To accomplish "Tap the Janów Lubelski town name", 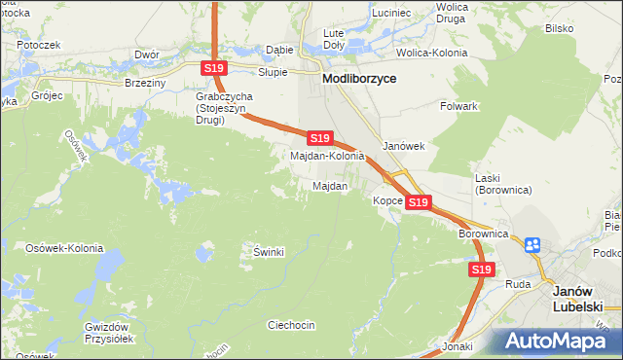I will [x=580, y=299].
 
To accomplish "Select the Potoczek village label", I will [x=39, y=45].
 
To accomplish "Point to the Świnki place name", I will [x=269, y=252].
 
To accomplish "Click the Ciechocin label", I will [x=291, y=325].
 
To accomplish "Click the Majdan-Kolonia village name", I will [x=327, y=156].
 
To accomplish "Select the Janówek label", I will [x=404, y=146].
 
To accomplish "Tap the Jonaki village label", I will [x=457, y=345].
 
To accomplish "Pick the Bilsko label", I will [x=559, y=29].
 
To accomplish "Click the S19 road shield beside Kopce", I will [x=419, y=202].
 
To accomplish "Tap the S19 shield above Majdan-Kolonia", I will [x=321, y=138].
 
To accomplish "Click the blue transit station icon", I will [x=532, y=245].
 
